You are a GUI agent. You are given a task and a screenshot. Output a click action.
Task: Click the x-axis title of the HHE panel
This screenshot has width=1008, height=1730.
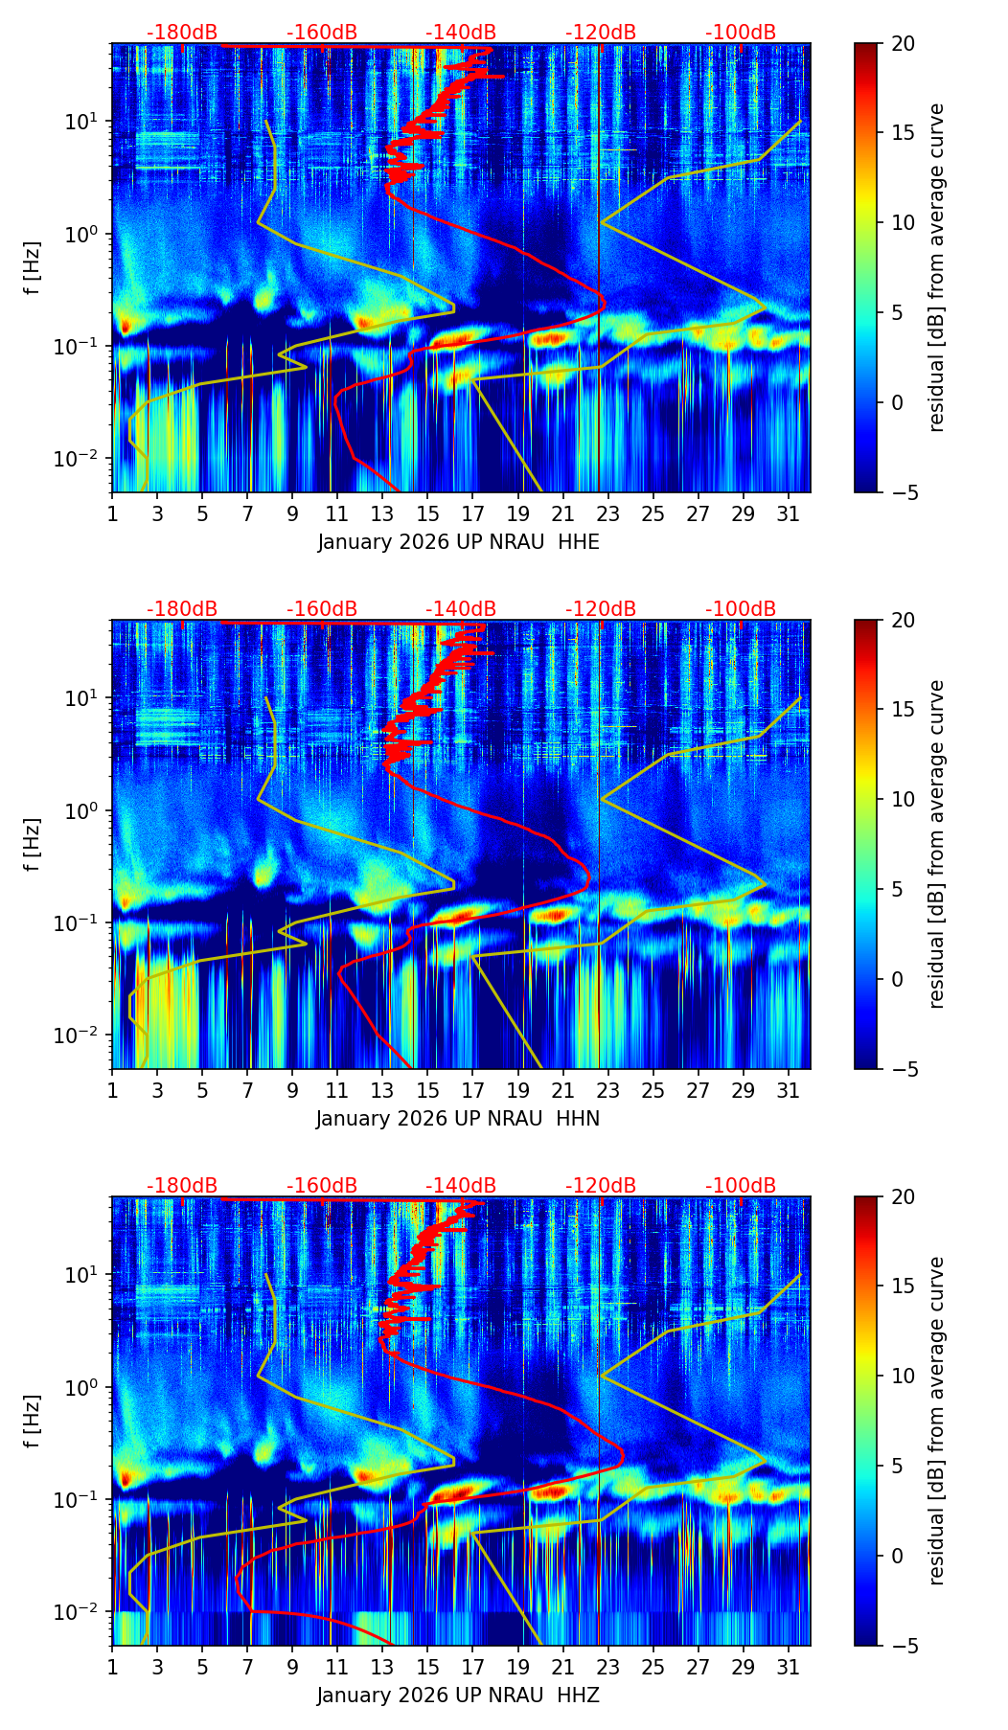pos(458,542)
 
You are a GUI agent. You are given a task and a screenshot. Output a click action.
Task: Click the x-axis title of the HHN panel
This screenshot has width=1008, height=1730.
pos(458,1118)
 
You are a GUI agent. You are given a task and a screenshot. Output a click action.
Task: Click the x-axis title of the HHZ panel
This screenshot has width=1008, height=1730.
pos(458,1695)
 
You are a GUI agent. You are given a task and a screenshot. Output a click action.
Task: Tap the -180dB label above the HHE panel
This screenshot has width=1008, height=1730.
pos(182,33)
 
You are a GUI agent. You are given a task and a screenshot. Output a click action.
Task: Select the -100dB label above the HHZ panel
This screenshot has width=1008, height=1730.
pos(741,1186)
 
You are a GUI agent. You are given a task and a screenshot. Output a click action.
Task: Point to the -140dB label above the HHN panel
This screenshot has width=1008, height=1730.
pos(461,609)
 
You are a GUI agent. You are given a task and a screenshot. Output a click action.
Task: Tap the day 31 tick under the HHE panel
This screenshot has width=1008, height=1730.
pos(789,513)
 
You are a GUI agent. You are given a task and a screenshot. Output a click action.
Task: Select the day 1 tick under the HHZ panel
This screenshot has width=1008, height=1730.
pos(112,1667)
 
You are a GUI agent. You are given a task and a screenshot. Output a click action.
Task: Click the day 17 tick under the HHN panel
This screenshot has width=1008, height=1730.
pos(473,1090)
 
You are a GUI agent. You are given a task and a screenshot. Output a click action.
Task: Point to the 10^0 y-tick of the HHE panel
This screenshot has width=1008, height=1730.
pos(87,234)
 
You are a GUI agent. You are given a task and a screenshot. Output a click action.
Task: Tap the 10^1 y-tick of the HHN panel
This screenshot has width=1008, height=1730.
pos(87,697)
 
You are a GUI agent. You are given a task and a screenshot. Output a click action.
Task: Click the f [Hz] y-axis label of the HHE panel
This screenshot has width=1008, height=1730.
pos(33,267)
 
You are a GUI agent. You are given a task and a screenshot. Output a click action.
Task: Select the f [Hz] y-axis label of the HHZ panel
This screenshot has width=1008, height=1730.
pos(33,1421)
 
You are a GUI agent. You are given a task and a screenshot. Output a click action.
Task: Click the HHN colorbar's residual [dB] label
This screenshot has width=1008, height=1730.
pos(937,844)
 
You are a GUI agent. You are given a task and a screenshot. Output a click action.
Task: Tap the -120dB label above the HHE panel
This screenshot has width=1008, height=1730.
pos(601,33)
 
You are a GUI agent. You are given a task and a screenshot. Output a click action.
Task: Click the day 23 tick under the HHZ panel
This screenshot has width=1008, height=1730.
pos(608,1667)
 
